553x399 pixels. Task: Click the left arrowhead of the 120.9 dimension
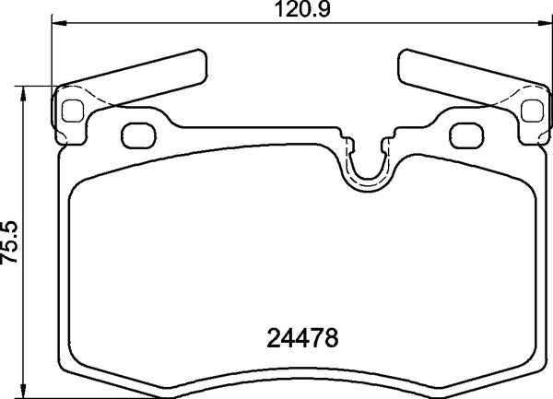click(x=54, y=23)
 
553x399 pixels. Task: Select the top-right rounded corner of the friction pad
click(x=524, y=182)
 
